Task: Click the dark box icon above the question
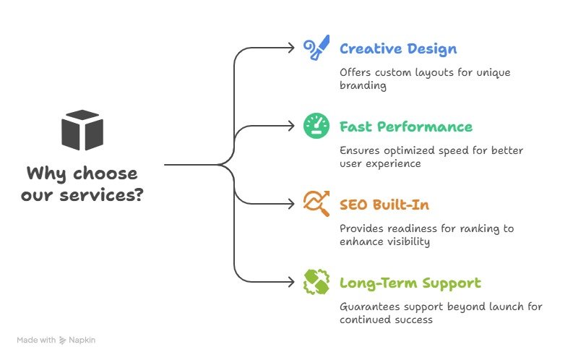tap(82, 130)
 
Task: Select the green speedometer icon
tap(315, 127)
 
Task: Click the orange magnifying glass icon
tap(315, 205)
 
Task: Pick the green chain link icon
tap(315, 283)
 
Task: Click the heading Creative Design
tap(397, 49)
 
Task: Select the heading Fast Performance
tap(405, 127)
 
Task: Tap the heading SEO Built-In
tap(385, 205)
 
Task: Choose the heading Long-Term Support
tap(410, 283)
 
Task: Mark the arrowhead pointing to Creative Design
tap(292, 48)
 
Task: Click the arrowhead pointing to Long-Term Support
tap(292, 283)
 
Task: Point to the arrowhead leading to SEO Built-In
tap(292, 205)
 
